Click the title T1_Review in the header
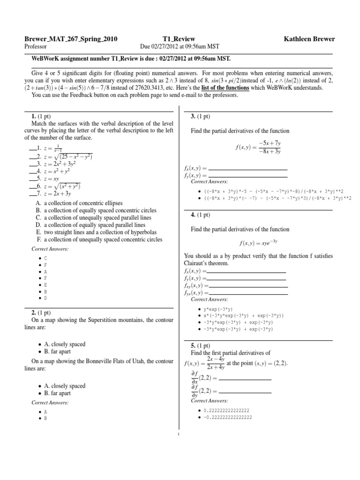click(178, 39)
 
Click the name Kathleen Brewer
click(309, 39)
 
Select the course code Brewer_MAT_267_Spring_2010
click(71, 39)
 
